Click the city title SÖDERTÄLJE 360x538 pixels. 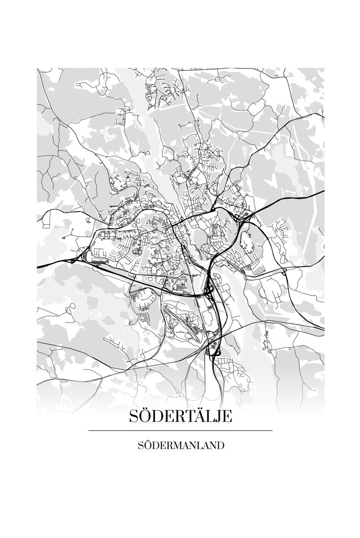180,417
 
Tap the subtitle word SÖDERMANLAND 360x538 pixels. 180,446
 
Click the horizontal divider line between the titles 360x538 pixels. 180,431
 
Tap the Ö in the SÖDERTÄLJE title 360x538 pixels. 147,416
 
